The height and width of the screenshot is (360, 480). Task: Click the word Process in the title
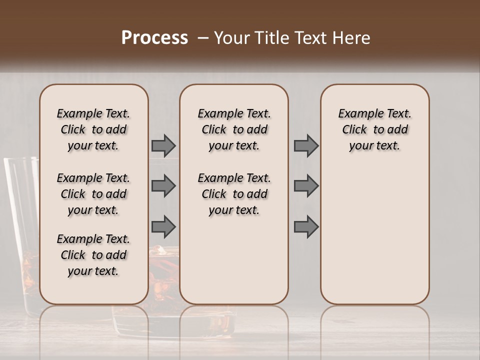(154, 38)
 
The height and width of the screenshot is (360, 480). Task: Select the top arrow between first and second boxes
(163, 146)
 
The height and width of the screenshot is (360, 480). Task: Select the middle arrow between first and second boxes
(163, 186)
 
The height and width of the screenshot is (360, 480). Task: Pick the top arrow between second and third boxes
(306, 146)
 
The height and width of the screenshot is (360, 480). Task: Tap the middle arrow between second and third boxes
(306, 186)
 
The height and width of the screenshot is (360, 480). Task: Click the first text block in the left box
(93, 129)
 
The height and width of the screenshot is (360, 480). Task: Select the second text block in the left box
(93, 194)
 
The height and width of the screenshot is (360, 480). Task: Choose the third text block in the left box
(93, 255)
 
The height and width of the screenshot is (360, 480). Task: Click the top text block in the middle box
(234, 129)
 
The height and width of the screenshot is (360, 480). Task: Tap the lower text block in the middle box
(234, 194)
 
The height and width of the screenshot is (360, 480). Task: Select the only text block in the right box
(375, 129)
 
